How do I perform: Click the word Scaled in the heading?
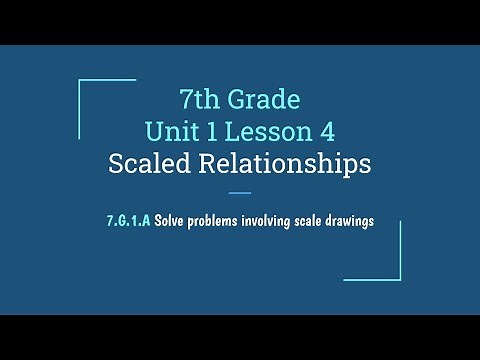[149, 163]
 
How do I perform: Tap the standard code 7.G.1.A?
[128, 221]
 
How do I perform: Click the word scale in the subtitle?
[317, 221]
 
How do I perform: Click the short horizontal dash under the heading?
[240, 193]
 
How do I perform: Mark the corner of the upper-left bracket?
[79, 81]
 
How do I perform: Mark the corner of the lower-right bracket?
[400, 279]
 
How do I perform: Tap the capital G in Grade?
[236, 100]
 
